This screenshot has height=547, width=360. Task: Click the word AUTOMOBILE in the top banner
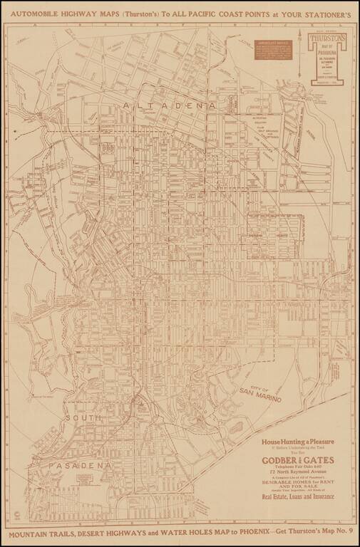point(35,13)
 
